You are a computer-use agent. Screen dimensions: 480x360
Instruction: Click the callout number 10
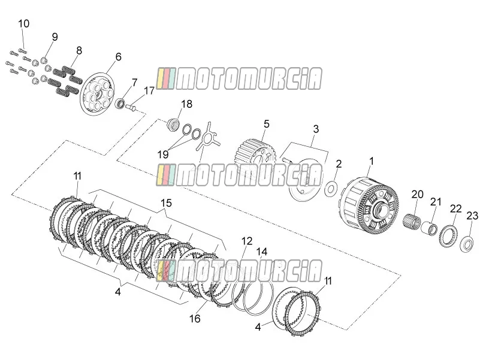click(23, 23)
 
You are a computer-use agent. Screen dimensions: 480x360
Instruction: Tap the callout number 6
click(119, 57)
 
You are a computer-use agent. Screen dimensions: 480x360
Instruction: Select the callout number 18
click(187, 104)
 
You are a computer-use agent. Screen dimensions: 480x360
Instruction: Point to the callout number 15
click(166, 203)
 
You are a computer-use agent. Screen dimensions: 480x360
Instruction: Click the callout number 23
click(472, 216)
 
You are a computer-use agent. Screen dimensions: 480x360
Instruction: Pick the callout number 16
click(195, 319)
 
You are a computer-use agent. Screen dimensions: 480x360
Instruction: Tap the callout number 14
click(262, 252)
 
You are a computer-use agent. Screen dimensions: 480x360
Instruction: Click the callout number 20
click(417, 195)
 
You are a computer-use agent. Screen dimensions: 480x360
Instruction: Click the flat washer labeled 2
click(331, 189)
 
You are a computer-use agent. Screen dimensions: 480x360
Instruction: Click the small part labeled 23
click(467, 244)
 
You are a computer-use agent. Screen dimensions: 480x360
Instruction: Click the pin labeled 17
click(131, 107)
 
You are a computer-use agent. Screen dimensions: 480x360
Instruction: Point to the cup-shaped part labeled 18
click(173, 124)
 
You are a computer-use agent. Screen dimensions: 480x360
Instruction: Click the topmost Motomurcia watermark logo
click(239, 78)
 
